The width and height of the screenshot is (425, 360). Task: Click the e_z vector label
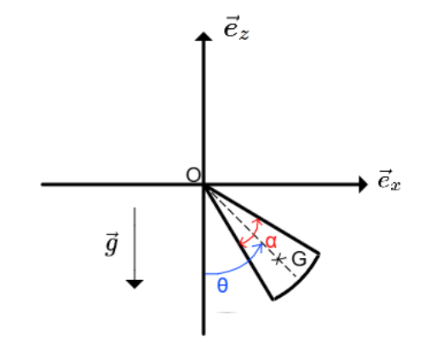coord(236,28)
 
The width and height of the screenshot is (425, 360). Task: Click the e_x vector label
coord(389,180)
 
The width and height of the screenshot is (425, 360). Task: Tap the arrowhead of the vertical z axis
coord(204,37)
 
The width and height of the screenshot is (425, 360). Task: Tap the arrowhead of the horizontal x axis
coord(364,185)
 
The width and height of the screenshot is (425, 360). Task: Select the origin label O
coord(193,175)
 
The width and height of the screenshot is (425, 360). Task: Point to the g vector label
coord(112,244)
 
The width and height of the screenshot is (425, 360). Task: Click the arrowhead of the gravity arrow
coord(135,284)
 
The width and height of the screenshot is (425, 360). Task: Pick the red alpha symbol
coord(271,242)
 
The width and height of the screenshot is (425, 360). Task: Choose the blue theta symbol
coord(222,285)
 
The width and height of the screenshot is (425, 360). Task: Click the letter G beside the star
coord(299,259)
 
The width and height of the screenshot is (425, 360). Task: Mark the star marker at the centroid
coord(278,260)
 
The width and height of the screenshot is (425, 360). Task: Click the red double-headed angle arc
coord(251,232)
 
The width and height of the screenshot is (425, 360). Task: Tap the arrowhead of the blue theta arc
coord(259,247)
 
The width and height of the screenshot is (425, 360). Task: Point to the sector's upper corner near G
coord(319,254)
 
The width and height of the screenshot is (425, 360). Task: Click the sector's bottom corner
coord(273,299)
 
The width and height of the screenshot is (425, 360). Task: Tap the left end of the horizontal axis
coord(42,185)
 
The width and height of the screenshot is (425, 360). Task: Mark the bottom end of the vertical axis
coord(204,334)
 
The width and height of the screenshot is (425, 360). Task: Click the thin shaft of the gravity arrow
coord(135,244)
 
